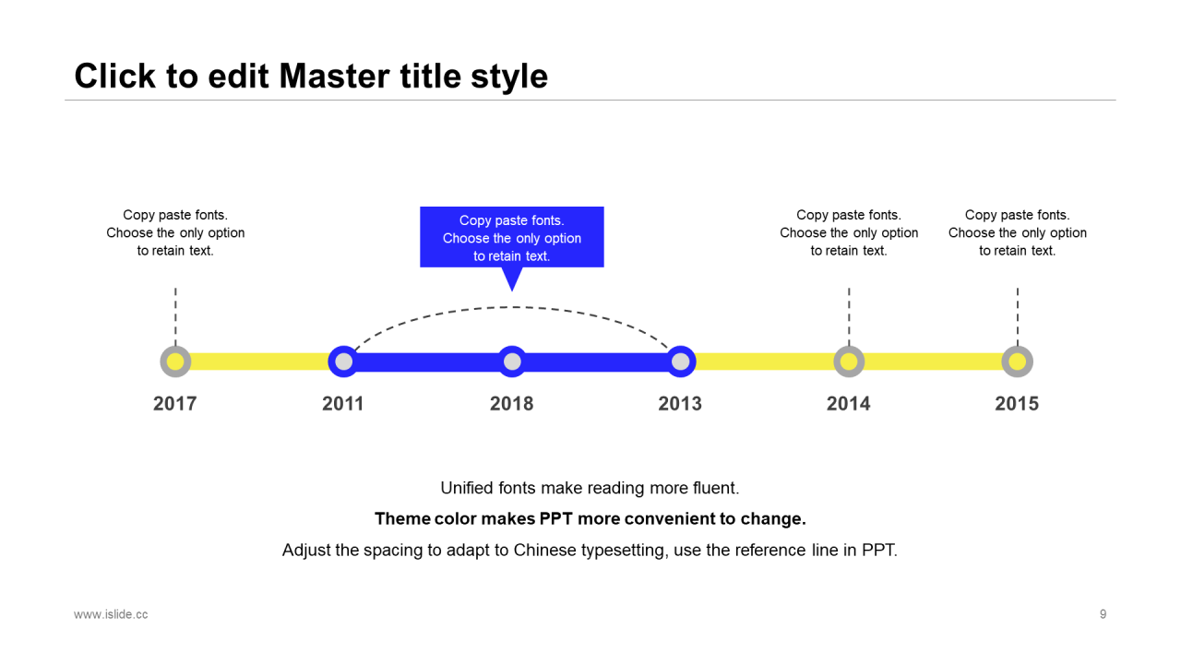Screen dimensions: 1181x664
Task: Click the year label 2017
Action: (175, 404)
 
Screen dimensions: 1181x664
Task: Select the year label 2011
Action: (343, 404)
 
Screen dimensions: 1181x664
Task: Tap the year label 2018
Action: (512, 404)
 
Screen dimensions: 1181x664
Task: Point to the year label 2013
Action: (680, 404)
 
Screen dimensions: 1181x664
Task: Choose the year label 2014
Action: (848, 404)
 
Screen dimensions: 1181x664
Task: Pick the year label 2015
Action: (1017, 404)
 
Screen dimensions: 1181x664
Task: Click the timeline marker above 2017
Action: (175, 362)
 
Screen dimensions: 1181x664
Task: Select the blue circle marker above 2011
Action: (344, 362)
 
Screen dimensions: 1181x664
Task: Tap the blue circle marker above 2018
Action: (512, 362)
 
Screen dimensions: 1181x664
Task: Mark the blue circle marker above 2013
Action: (681, 362)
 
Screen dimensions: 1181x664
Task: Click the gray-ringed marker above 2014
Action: (849, 362)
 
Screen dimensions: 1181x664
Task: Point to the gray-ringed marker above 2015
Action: (1018, 362)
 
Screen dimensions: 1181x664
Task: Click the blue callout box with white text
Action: (512, 237)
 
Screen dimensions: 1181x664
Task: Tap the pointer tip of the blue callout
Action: (512, 290)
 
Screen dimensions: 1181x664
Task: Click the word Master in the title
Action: (334, 76)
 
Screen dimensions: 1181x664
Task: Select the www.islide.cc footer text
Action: (111, 614)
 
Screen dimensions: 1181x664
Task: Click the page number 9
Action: (1103, 614)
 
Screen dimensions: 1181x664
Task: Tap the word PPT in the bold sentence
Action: (556, 519)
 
